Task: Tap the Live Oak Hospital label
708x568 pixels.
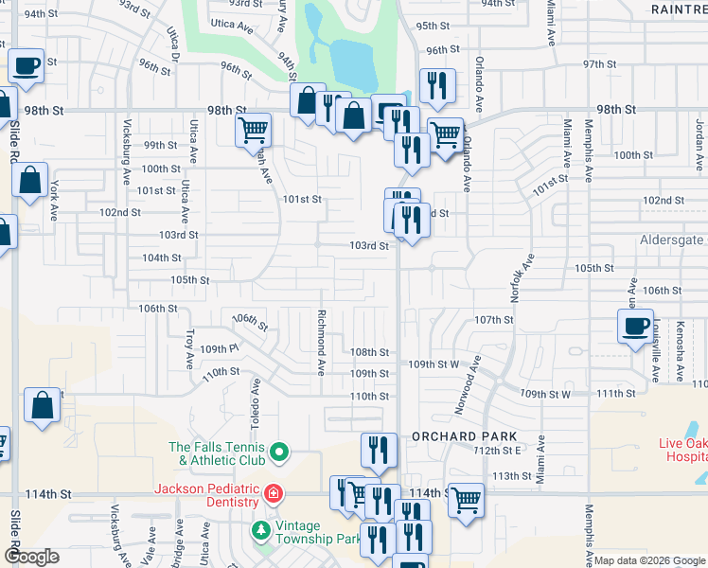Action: tap(682, 449)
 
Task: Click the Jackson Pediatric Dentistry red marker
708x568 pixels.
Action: tap(273, 493)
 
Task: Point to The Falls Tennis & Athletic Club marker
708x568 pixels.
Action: tap(278, 453)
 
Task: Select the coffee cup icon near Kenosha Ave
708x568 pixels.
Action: tap(634, 326)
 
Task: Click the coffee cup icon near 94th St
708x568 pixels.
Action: tap(27, 66)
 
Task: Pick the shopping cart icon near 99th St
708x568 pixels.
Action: tap(254, 130)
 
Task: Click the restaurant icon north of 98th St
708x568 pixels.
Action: tap(437, 85)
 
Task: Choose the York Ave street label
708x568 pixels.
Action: tap(55, 196)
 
